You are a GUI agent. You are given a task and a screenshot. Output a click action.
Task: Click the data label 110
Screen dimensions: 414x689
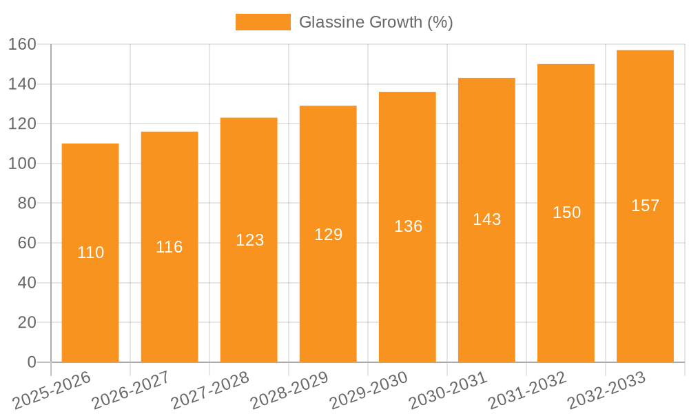90,253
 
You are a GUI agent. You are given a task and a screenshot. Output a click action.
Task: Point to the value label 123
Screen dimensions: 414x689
249,240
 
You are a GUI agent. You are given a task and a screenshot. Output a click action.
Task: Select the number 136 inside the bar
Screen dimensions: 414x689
408,226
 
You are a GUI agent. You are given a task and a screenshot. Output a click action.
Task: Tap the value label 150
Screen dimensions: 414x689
566,213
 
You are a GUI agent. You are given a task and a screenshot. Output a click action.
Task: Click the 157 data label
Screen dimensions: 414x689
645,206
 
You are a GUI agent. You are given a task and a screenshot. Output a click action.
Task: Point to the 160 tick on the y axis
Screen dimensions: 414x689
22,45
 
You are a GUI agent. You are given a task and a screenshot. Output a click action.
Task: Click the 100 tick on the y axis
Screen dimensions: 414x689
22,164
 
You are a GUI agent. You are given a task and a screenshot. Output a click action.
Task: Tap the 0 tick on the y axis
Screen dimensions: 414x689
31,362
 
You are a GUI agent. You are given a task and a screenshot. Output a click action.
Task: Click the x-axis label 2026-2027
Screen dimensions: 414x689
131,391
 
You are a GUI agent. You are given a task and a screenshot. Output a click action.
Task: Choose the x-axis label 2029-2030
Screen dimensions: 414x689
369,391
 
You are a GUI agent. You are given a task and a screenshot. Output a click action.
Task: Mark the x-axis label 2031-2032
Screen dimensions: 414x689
527,391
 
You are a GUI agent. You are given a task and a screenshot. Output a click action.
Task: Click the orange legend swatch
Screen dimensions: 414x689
263,22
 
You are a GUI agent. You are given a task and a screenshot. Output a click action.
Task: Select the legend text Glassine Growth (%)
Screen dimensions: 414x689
376,22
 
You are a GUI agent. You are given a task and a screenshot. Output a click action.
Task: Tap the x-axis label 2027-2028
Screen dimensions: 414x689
210,391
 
